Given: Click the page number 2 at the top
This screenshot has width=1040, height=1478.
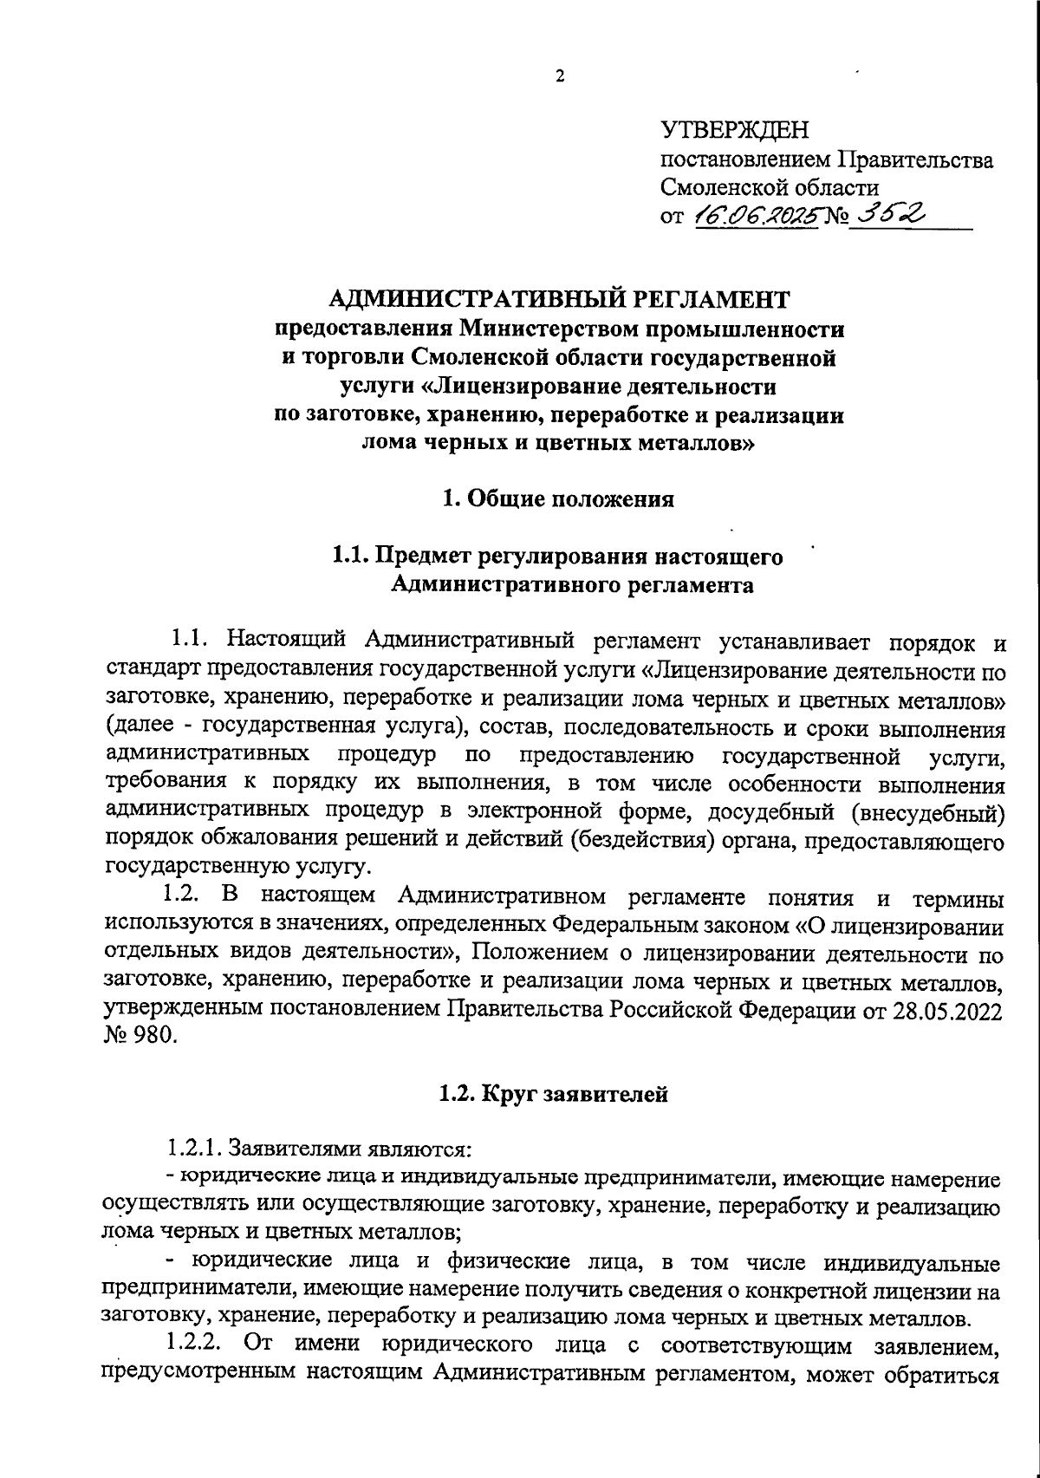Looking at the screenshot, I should click(x=559, y=76).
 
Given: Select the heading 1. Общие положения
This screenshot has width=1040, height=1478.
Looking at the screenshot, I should click(x=558, y=499).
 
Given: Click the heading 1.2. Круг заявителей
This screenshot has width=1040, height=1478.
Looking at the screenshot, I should click(x=554, y=1094).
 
